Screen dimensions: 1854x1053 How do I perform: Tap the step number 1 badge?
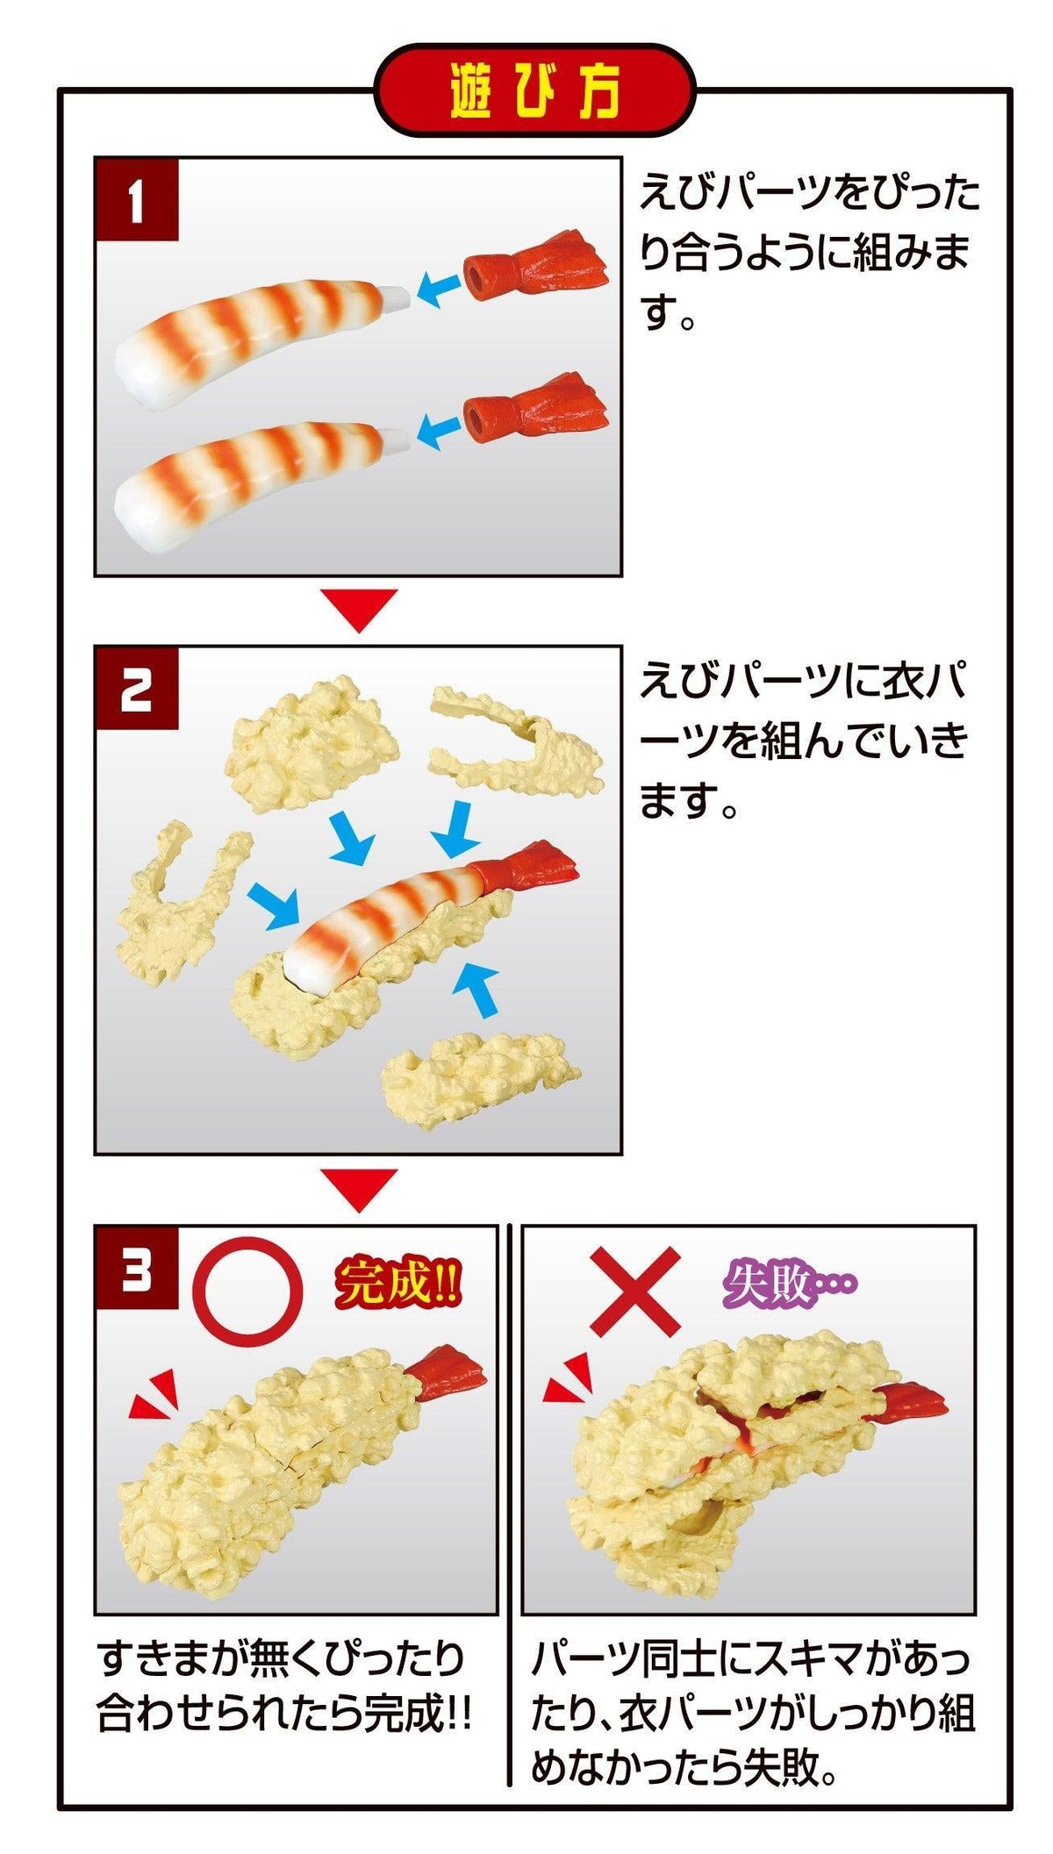[137, 200]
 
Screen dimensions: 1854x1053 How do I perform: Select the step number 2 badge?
[137, 690]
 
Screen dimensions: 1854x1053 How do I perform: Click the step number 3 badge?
[137, 1267]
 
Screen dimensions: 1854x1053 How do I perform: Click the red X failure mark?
[634, 1291]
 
